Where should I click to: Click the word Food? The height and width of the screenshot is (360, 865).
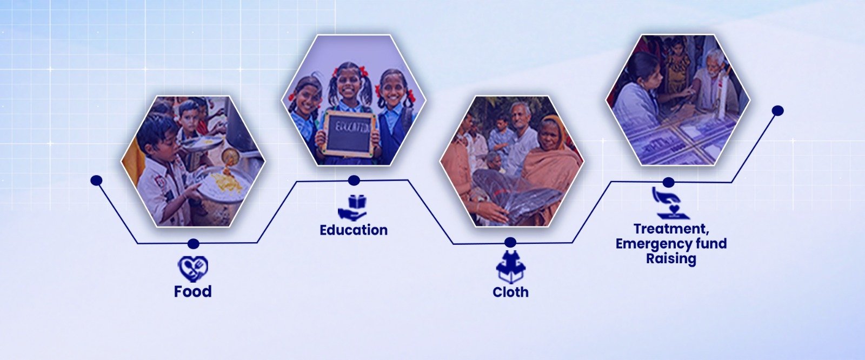click(192, 291)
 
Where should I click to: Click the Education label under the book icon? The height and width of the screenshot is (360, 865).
click(354, 230)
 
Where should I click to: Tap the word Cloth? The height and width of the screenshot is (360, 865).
click(510, 292)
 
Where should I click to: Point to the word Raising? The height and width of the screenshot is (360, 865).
click(671, 258)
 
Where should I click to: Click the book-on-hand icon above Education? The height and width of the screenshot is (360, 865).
click(352, 208)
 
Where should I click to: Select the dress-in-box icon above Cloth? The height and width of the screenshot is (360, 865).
click(510, 267)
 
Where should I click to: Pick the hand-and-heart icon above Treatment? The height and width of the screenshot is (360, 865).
click(668, 203)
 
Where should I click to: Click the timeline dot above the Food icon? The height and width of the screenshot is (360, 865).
click(193, 244)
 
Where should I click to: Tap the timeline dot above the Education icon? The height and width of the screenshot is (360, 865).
click(354, 181)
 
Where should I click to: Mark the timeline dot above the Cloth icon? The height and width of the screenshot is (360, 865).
click(510, 243)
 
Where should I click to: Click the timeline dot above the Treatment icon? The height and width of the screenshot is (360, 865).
click(668, 182)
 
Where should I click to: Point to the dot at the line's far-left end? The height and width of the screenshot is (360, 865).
click(96, 180)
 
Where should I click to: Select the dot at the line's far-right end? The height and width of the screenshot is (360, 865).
click(778, 110)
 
